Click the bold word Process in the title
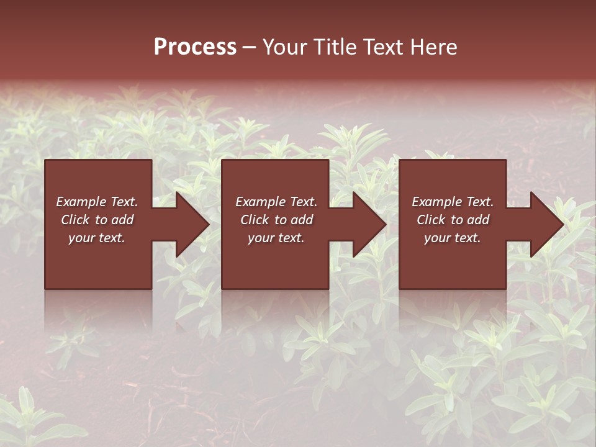coord(195,47)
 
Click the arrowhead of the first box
coord(192,224)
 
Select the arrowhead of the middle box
coord(369,224)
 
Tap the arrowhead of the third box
coord(546,224)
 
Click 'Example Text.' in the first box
coord(97,202)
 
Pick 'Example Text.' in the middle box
coord(276,202)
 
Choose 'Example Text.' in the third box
coord(453,202)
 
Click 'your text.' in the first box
coord(97,238)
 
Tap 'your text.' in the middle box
coord(276,238)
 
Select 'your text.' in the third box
coord(453,238)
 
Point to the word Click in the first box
coord(75,220)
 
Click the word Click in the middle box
coord(255,220)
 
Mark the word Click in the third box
coord(431,220)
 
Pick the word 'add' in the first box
coord(122,220)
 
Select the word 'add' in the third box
coord(478,220)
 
